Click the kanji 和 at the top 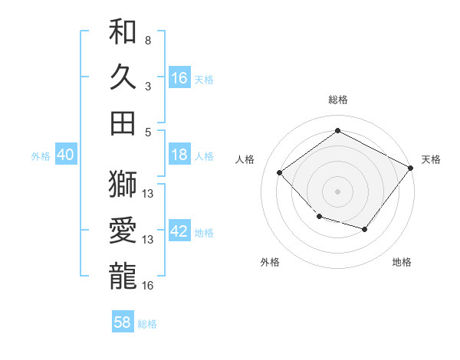(x=123, y=32)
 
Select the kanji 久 (x=123, y=77)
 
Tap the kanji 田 (x=123, y=123)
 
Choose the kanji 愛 (x=123, y=230)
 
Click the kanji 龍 (x=123, y=276)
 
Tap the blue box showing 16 (x=179, y=77)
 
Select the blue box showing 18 (x=179, y=155)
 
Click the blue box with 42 (x=179, y=231)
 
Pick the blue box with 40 (x=65, y=155)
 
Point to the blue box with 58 (x=123, y=322)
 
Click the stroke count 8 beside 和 (x=148, y=40)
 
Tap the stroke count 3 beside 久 (x=148, y=87)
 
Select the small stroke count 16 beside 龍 (x=148, y=286)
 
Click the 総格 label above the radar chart (x=337, y=100)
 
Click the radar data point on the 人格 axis (x=280, y=173)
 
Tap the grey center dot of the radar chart (x=337, y=191)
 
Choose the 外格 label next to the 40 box (x=41, y=156)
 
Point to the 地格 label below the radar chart (x=402, y=262)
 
